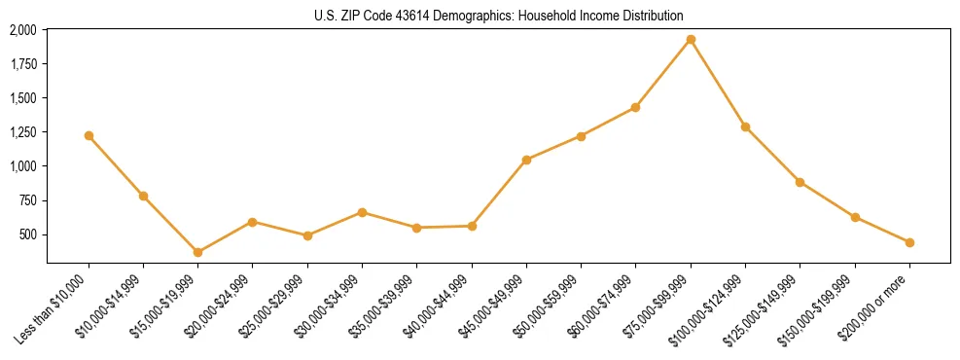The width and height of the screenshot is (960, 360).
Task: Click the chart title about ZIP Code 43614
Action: tap(499, 16)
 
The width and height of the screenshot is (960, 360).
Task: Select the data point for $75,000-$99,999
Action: tap(691, 40)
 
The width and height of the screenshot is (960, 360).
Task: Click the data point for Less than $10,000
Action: tap(89, 135)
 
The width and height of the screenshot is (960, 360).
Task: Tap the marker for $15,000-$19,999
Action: tap(198, 252)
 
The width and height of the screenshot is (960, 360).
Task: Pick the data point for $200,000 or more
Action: tap(909, 242)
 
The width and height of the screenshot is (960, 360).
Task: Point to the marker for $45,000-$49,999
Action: tap(526, 160)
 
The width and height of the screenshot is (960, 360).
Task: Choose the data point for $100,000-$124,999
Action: tap(745, 126)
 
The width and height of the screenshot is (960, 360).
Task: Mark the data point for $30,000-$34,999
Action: tap(362, 212)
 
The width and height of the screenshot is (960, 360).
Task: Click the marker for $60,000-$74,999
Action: tap(635, 107)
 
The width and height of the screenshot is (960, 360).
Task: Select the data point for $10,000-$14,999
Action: tap(144, 196)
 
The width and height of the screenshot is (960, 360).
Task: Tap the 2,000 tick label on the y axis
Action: tap(23, 30)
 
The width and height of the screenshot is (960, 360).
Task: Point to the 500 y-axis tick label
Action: tap(28, 234)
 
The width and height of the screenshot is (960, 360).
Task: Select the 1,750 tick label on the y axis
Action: tap(23, 64)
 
